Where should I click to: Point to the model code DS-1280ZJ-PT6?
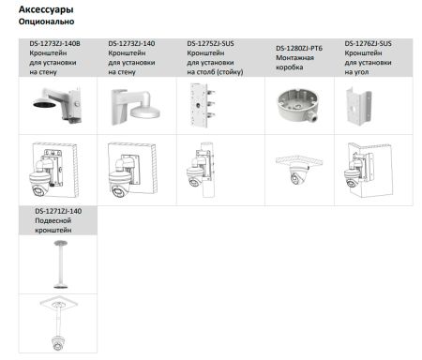[299, 49]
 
